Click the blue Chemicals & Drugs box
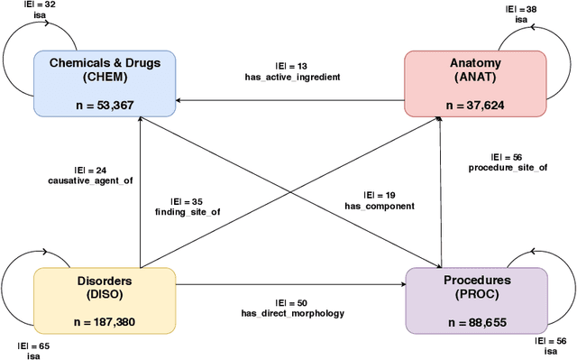pyautogui.click(x=105, y=84)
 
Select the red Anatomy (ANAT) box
pyautogui.click(x=474, y=84)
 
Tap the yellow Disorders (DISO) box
pyautogui.click(x=105, y=300)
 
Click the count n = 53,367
pyautogui.click(x=105, y=105)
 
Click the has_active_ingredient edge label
pyautogui.click(x=292, y=77)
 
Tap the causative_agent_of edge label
pyautogui.click(x=90, y=181)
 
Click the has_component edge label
pyautogui.click(x=380, y=206)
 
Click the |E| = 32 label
pyautogui.click(x=41, y=5)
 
